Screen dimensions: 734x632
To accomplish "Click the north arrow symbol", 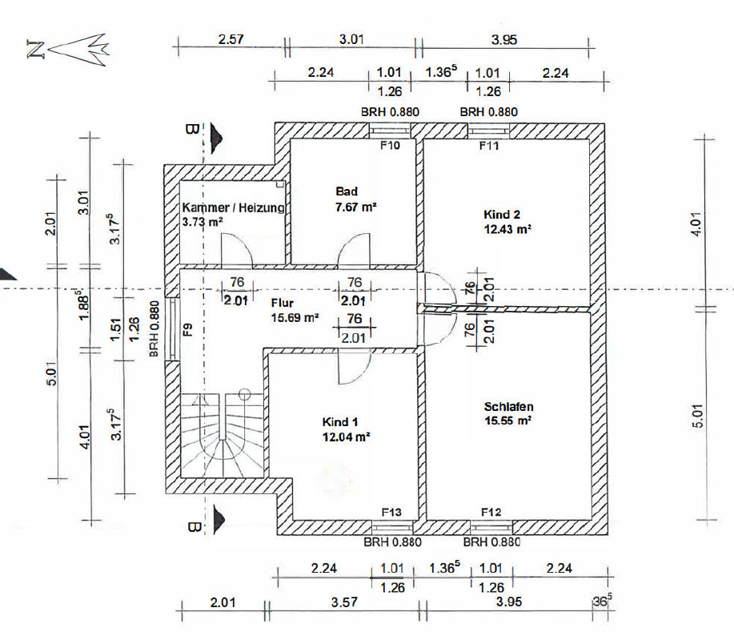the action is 68,49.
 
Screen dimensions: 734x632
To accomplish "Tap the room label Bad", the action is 347,191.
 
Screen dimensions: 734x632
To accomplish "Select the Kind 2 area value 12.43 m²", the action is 507,229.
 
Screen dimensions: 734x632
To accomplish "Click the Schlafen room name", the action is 509,407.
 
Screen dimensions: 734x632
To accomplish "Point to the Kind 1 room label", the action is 340,422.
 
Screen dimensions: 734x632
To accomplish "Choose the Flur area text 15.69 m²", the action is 295,318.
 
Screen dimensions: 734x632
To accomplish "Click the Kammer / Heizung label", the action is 233,207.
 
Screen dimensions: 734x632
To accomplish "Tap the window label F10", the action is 390,145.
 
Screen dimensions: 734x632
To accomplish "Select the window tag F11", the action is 489,146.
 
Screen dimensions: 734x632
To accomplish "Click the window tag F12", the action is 491,512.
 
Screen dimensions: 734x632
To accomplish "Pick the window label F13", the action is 391,512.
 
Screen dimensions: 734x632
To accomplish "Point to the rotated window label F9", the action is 188,330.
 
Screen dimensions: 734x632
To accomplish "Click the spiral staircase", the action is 223,435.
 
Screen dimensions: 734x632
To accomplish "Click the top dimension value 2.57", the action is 231,39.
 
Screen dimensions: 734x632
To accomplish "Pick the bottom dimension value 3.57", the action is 344,602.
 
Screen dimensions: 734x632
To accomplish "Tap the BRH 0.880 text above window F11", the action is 489,112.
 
